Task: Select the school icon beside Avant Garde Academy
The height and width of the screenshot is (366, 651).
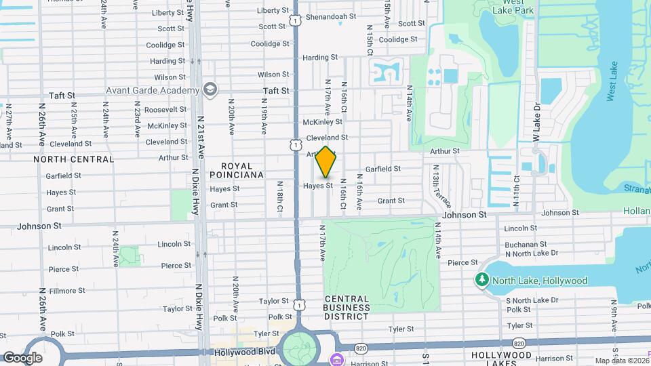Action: [x=210, y=89]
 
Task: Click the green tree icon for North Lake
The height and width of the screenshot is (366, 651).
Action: [x=482, y=280]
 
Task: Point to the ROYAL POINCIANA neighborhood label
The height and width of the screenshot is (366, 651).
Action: [x=241, y=170]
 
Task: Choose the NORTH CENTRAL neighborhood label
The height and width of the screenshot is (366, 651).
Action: [x=74, y=159]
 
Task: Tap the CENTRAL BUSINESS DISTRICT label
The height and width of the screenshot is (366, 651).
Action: [x=347, y=307]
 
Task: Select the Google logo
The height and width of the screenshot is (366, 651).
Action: [x=22, y=357]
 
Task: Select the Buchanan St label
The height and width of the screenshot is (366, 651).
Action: [x=526, y=245]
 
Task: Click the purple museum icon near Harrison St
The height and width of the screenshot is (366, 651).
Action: [x=336, y=359]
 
